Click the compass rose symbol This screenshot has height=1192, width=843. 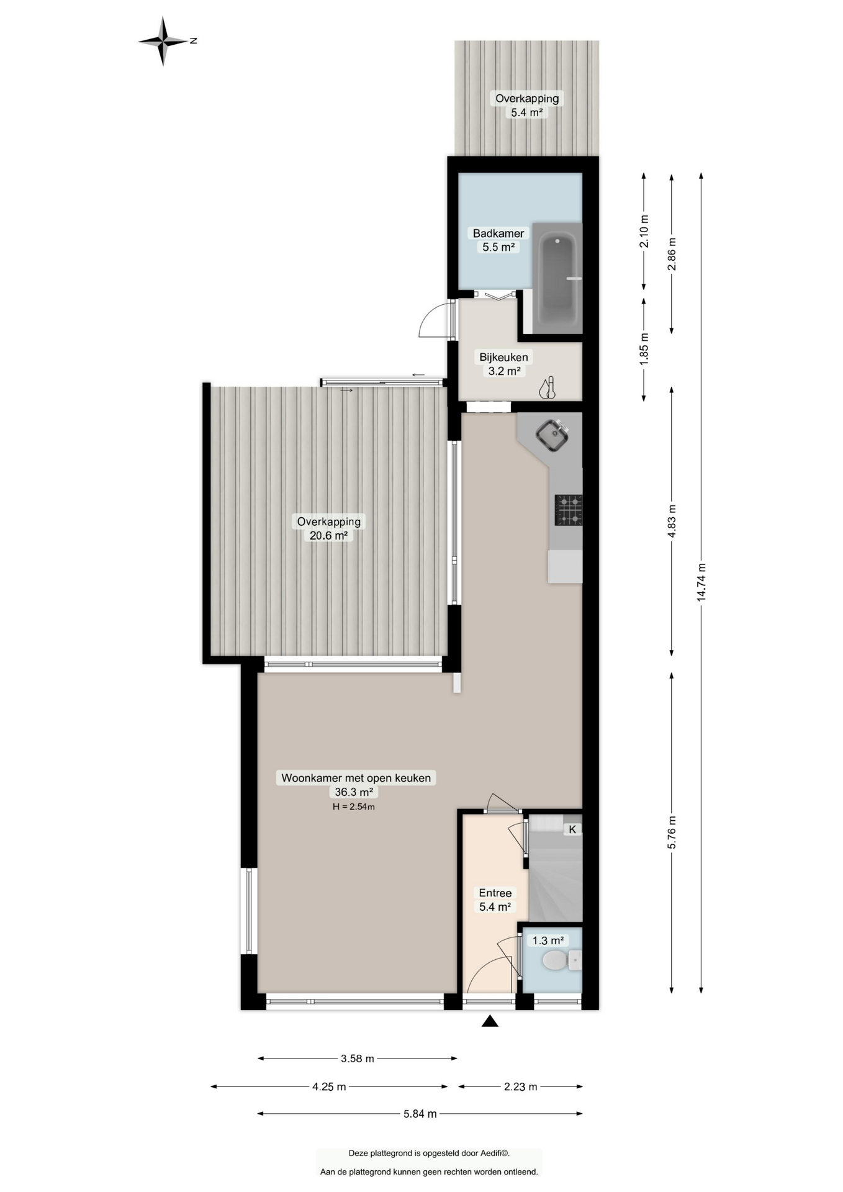click(163, 41)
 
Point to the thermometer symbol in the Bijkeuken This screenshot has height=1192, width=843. click(547, 388)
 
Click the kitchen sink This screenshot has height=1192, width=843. click(552, 435)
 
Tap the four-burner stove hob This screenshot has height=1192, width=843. click(568, 510)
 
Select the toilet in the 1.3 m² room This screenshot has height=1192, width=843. click(561, 960)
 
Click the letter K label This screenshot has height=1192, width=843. click(572, 829)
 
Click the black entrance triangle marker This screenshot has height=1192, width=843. click(490, 1021)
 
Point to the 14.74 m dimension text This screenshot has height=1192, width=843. click(701, 582)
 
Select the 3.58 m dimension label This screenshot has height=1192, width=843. click(358, 1059)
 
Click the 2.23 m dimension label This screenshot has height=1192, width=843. click(520, 1086)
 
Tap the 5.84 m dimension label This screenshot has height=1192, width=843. click(420, 1114)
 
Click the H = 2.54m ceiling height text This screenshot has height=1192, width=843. click(354, 807)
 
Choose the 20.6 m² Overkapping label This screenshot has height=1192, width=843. click(328, 528)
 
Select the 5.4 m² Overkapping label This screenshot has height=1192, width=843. click(527, 105)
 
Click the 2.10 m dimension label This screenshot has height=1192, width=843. click(644, 231)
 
